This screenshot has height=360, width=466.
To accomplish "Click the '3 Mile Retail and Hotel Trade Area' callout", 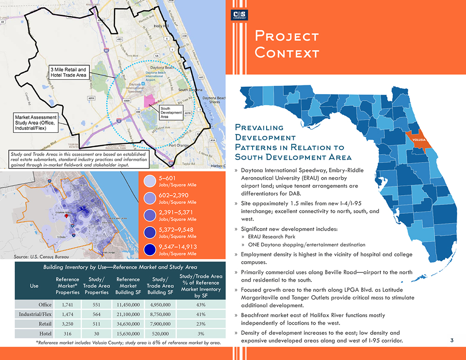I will click(x=69, y=73).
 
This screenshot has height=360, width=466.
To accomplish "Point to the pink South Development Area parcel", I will click(x=150, y=101).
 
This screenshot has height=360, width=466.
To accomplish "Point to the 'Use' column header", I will click(x=34, y=286).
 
